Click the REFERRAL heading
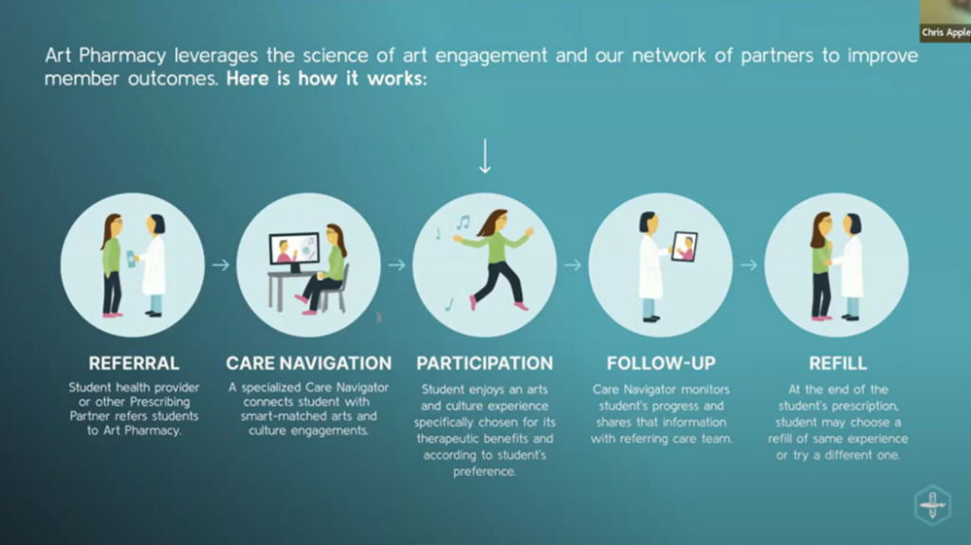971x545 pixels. pos(134,363)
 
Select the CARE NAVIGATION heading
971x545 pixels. pos(308,363)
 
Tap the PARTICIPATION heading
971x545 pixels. pos(485,363)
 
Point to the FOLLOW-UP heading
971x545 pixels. pos(661,363)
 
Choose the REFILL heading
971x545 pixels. pos(837,363)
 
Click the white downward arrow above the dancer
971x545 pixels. pos(485,156)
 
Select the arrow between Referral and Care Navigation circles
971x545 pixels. pos(220,265)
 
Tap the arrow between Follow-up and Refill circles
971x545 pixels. pos(749,265)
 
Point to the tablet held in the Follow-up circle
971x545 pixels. pos(685,246)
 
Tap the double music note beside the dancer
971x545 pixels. pos(463,222)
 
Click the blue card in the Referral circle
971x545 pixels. pos(131,259)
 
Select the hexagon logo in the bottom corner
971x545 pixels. pos(932,505)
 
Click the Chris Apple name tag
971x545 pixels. pos(945,32)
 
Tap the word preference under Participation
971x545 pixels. pos(484,471)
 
